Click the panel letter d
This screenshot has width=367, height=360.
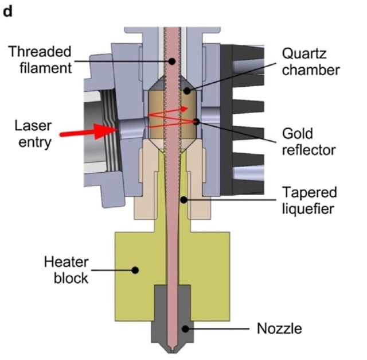click(x=7, y=11)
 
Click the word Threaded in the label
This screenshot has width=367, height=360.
click(x=40, y=52)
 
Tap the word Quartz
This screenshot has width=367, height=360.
click(x=304, y=54)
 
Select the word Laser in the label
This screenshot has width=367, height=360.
click(x=33, y=126)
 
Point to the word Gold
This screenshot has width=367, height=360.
click(x=297, y=134)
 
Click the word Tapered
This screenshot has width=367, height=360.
click(x=310, y=193)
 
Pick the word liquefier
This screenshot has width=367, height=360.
click(x=308, y=208)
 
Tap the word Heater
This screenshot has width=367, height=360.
click(x=67, y=262)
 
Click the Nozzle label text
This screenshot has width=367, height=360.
click(x=279, y=328)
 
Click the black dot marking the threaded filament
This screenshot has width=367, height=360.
click(x=172, y=61)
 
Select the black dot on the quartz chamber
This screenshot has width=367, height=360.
click(x=187, y=91)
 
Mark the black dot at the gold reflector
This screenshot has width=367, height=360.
click(x=196, y=122)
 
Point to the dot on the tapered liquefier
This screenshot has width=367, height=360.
click(x=183, y=200)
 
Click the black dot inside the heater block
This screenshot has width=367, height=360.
click(x=135, y=270)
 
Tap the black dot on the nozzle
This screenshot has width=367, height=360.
click(x=185, y=329)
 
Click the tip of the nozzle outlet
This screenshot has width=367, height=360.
click(x=172, y=352)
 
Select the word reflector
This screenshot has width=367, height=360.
click(x=309, y=150)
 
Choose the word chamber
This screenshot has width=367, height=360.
click(x=311, y=70)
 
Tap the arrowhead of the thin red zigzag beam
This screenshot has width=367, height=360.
click(x=185, y=109)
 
